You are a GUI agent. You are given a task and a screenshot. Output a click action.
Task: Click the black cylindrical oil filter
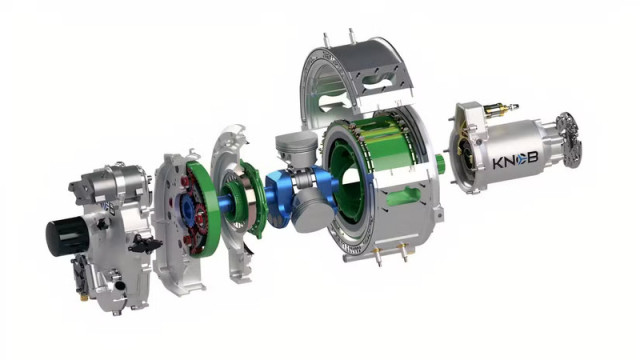pos(67,236)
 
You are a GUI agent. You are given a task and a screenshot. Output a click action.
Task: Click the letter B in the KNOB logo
pos(533,158)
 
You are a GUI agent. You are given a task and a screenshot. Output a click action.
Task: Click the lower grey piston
pos(312,211)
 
